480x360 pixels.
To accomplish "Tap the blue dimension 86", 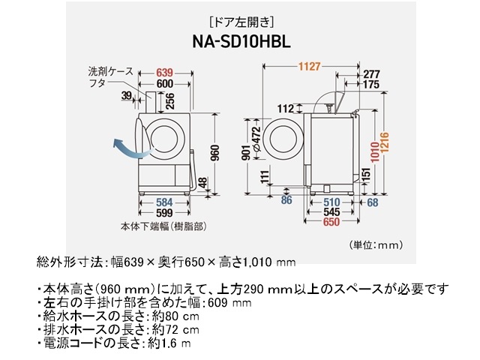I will [286, 201].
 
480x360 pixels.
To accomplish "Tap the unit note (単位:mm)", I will [377, 244].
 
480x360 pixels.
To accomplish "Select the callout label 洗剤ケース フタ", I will [109, 77].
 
